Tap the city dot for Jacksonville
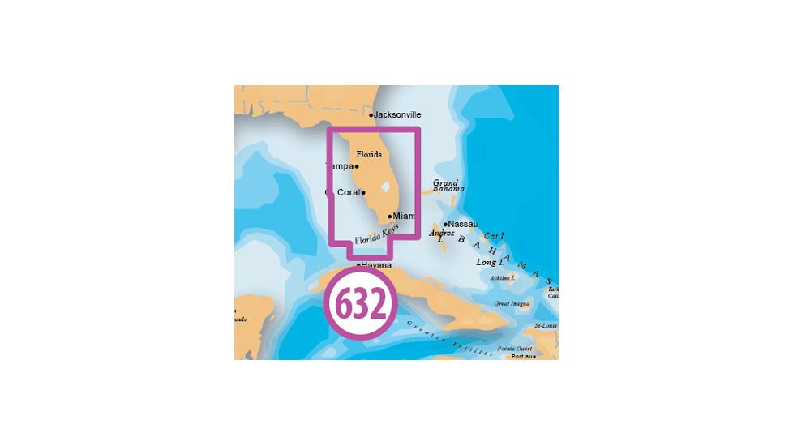[x=371, y=115]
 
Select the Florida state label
[x=369, y=153]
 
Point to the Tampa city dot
[x=358, y=166]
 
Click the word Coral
[x=347, y=192]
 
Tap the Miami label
[x=404, y=216]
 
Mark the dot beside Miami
[x=390, y=216]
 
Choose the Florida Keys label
[x=376, y=238]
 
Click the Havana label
[x=377, y=265]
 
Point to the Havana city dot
[x=358, y=265]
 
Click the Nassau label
[x=463, y=223]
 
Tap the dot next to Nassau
[x=446, y=223]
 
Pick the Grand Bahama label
[x=446, y=187]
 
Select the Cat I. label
[x=495, y=236]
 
